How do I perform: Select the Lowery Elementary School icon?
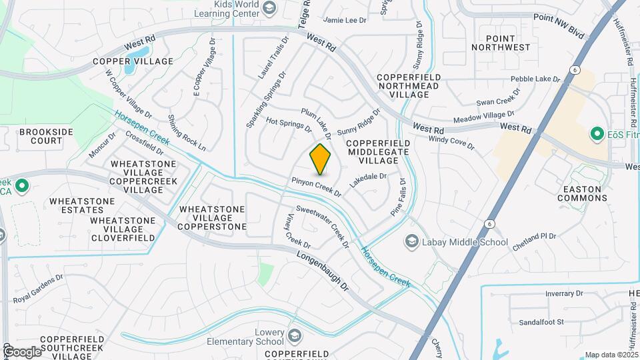295,335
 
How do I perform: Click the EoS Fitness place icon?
597,134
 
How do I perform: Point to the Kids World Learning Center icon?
269,8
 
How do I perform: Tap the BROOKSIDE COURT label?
46,137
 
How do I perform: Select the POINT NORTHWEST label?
501,43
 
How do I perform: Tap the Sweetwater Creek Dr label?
323,227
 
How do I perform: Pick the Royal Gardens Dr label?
38,285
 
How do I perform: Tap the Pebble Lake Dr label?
535,79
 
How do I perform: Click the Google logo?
21,351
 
